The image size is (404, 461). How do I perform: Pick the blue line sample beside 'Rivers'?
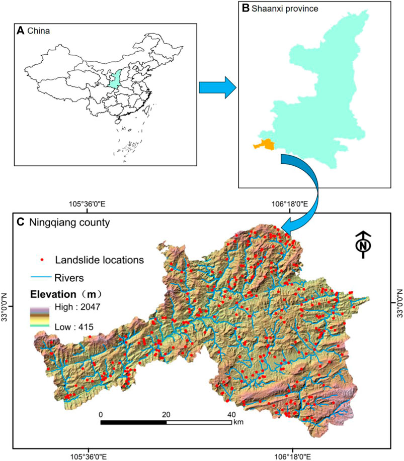(40, 276)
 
